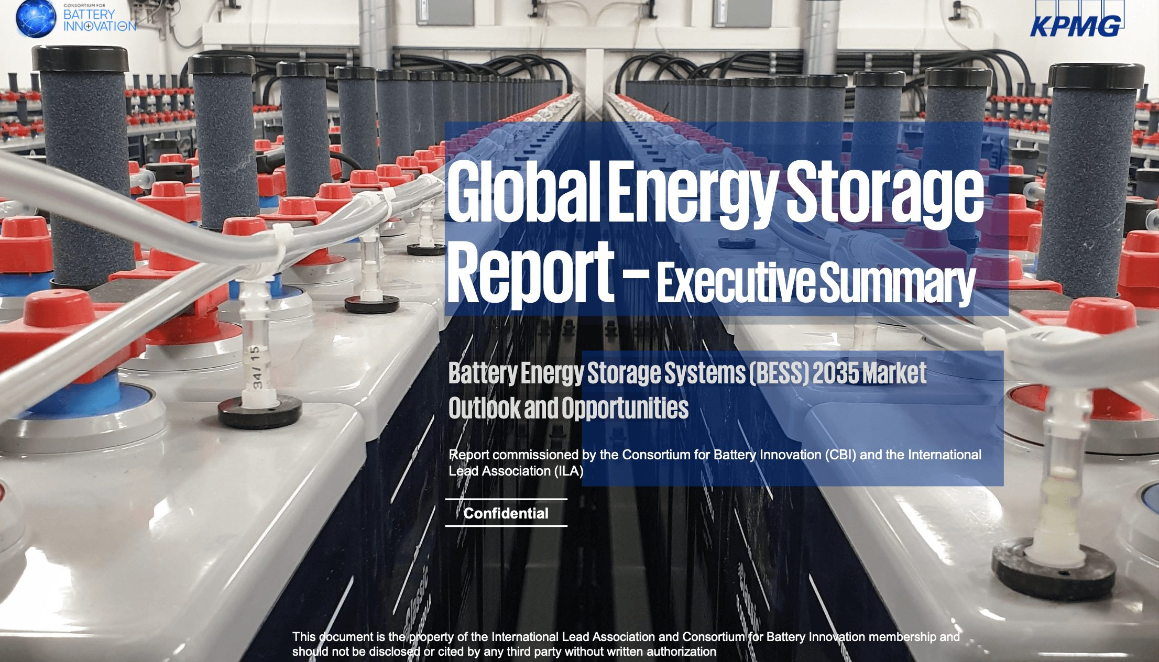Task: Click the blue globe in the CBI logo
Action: [36, 18]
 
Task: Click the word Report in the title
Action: [530, 272]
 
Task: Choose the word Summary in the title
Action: [897, 283]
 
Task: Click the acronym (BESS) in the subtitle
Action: [779, 373]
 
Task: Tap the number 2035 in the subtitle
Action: [836, 373]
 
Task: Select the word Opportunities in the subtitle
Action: [625, 409]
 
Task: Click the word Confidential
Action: [506, 513]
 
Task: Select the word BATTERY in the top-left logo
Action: [89, 14]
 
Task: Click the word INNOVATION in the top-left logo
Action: [100, 26]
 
